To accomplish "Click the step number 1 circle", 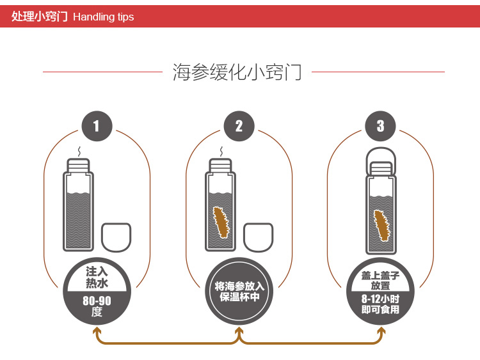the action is (x=97, y=126).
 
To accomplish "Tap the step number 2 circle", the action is (x=239, y=126).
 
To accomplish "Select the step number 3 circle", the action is (x=381, y=126).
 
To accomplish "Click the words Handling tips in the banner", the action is (x=104, y=17).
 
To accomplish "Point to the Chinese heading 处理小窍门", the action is (x=40, y=17).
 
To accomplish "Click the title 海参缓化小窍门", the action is (x=237, y=72).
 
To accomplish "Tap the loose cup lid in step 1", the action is (x=116, y=237).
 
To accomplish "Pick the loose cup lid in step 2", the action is (x=259, y=237).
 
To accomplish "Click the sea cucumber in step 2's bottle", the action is (x=221, y=223).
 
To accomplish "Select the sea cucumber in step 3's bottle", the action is (x=381, y=225).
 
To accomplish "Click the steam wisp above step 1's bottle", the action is (x=79, y=152).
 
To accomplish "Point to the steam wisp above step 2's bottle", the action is (x=221, y=152).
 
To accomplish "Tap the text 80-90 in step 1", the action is (x=97, y=301).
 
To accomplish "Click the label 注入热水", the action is (x=97, y=278).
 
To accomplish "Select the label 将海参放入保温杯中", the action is (x=239, y=292).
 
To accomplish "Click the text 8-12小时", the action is (x=381, y=299).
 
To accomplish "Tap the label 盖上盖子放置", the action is (x=381, y=281).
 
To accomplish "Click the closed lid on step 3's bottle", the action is (x=381, y=162).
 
